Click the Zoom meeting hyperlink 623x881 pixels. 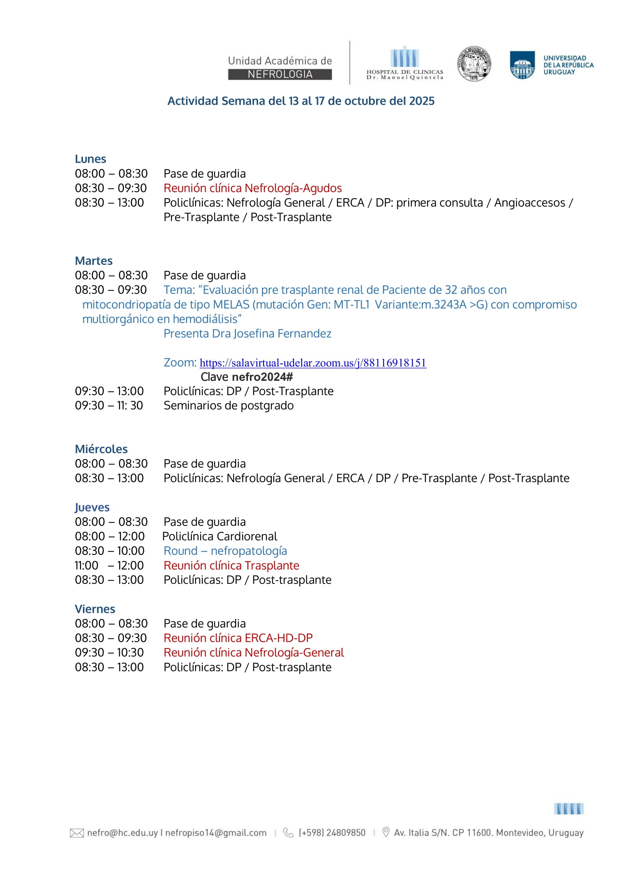click(x=313, y=363)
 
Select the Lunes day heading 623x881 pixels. click(x=90, y=159)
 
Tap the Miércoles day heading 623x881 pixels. click(x=101, y=449)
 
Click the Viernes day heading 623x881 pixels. click(x=95, y=609)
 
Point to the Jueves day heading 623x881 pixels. click(x=92, y=507)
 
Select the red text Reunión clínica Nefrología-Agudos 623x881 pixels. click(x=253, y=188)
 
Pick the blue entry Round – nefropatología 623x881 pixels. click(x=225, y=551)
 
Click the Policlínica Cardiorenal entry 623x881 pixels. click(x=220, y=536)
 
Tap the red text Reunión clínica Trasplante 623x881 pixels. click(x=231, y=565)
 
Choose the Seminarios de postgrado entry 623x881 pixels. click(x=228, y=405)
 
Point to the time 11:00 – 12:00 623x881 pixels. click(x=109, y=565)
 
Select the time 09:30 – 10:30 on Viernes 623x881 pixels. click(x=109, y=652)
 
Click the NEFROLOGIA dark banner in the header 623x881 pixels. click(x=280, y=75)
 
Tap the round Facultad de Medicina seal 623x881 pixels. click(x=474, y=64)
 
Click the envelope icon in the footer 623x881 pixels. click(x=77, y=833)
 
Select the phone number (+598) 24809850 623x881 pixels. click(x=332, y=833)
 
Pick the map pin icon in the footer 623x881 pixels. click(x=386, y=832)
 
